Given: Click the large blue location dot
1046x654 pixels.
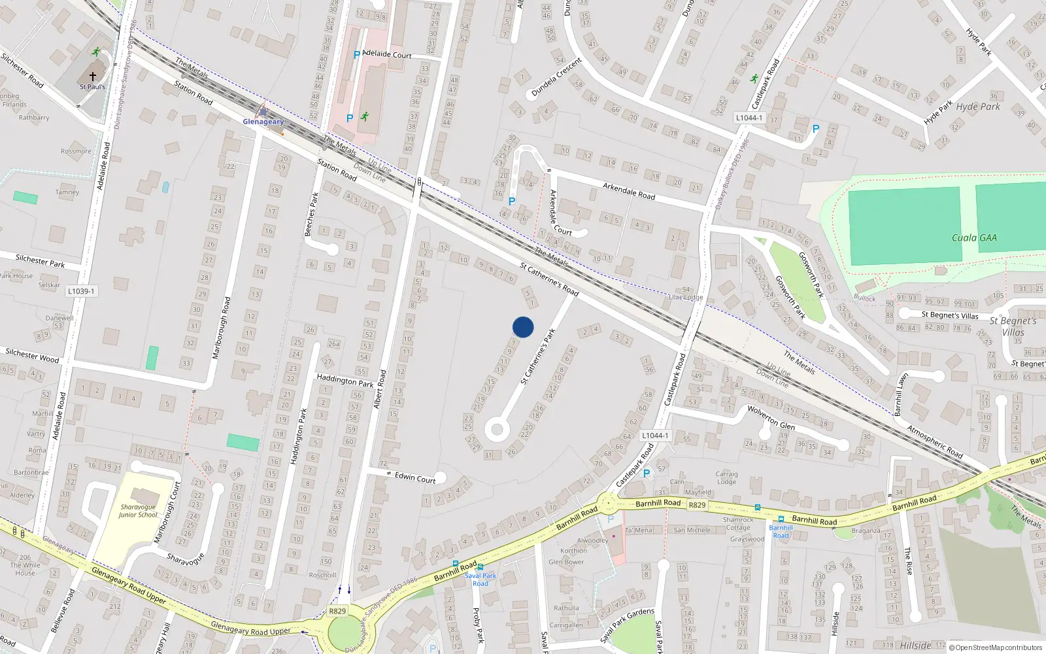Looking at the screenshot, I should click(x=523, y=327).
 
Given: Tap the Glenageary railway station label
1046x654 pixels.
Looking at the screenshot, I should click(x=263, y=122).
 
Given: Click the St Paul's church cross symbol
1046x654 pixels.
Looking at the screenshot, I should click(x=93, y=77).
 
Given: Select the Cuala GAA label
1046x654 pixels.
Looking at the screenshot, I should click(x=974, y=238).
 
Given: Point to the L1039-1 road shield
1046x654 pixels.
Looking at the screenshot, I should click(x=81, y=291).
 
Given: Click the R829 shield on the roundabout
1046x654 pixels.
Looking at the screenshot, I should click(x=337, y=611).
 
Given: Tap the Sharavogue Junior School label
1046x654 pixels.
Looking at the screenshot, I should click(x=138, y=511).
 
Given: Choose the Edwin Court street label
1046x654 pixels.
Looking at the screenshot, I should click(x=415, y=478).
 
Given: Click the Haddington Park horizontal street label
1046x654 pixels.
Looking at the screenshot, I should click(x=345, y=380).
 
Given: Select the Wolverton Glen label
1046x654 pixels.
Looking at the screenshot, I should click(x=771, y=418).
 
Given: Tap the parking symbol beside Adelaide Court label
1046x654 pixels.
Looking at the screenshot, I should click(x=357, y=55).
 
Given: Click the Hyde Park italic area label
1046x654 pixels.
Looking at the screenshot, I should click(x=978, y=107).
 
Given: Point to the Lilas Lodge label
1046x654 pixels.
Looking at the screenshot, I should click(x=686, y=298).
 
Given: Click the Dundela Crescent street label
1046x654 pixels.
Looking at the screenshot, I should click(x=556, y=77).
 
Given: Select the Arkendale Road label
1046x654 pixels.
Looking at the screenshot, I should click(x=629, y=192).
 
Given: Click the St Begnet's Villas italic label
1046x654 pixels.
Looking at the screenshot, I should click(x=1013, y=326).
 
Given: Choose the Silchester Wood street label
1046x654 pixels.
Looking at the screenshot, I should click(x=32, y=356).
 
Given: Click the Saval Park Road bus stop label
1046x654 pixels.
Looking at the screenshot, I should click(x=481, y=579).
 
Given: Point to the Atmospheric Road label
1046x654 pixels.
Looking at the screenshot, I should click(x=935, y=441).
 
